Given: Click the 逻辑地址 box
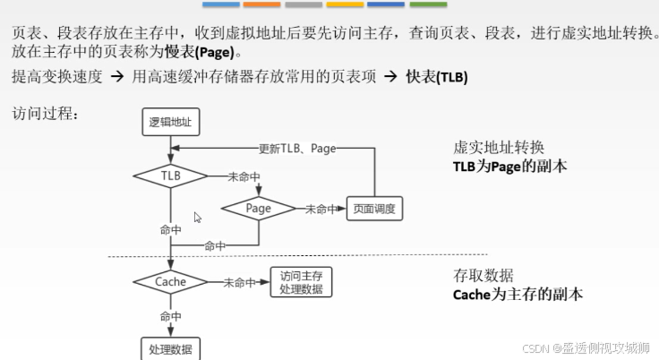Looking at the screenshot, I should [170, 122].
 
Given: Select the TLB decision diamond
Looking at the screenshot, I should [170, 176].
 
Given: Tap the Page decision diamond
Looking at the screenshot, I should [258, 208].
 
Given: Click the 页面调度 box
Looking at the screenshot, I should [373, 209].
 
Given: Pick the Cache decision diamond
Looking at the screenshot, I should [170, 281].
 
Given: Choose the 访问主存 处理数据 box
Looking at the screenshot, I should [300, 281].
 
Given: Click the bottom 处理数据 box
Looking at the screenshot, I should [170, 349].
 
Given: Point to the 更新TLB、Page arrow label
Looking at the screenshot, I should [297, 148].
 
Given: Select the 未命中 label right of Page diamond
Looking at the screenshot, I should [321, 209].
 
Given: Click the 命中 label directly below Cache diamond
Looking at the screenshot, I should [170, 316].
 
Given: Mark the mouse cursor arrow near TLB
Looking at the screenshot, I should [198, 217].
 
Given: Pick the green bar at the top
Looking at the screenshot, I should [427, 4].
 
